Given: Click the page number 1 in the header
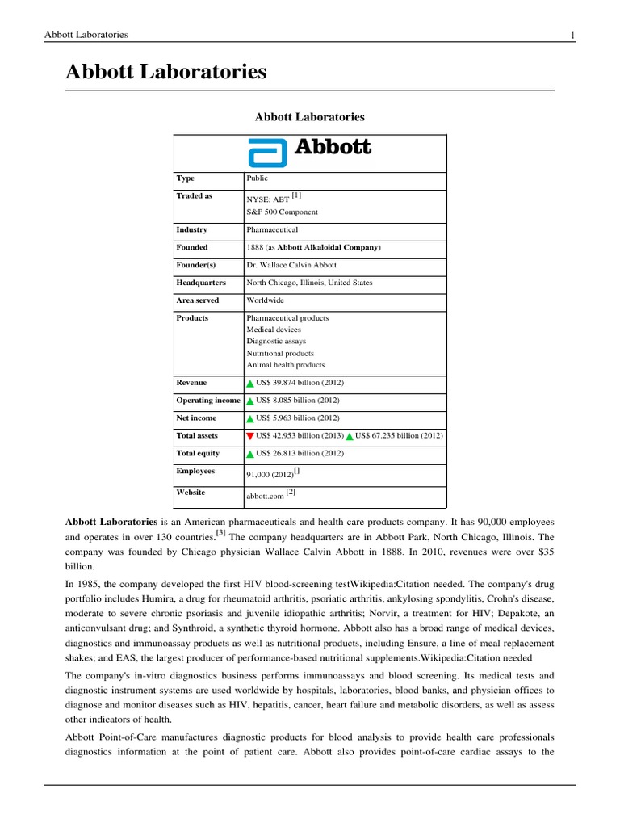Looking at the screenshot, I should coord(572,35).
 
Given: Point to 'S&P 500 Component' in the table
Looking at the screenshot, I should coord(282,212).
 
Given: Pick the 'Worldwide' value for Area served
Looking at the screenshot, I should coord(265,300).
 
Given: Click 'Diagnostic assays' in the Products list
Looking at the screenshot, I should coord(276,342).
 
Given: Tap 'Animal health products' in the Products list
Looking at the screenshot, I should coord(285,365).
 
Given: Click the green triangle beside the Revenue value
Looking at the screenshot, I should coord(250,384).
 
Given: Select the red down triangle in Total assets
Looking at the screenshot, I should coord(250,436).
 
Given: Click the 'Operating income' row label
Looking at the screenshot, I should coord(208,401).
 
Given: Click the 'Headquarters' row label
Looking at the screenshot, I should coord(201,283).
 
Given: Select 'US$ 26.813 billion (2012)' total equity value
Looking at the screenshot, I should coord(300,454).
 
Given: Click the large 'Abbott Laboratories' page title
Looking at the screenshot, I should coord(165,73).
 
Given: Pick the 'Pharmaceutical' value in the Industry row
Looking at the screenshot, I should coord(272,230).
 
